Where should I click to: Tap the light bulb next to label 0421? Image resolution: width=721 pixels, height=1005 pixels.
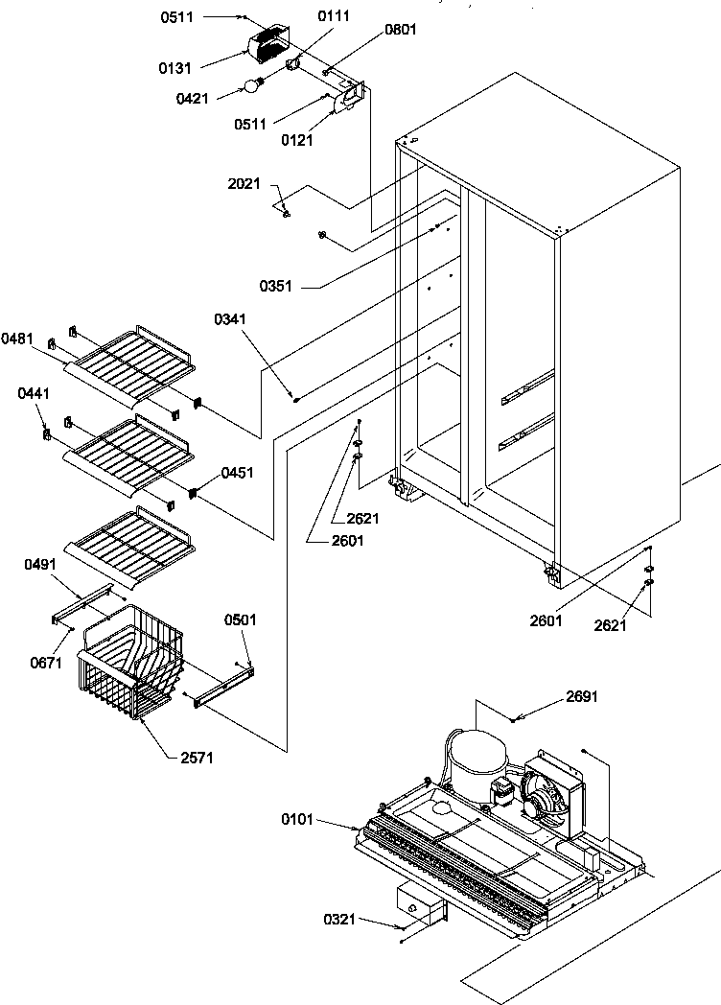point(252,85)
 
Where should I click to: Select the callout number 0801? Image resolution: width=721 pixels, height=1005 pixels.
point(401,30)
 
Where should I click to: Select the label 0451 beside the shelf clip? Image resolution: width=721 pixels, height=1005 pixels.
point(239,472)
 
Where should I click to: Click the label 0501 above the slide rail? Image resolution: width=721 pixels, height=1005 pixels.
point(241,619)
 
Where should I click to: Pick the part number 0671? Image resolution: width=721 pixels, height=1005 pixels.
point(41,663)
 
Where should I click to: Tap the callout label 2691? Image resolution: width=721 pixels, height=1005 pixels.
point(581,696)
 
